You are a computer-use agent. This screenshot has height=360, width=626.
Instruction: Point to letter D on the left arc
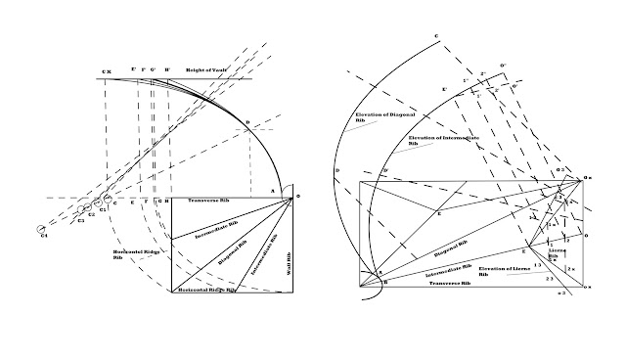click(248, 121)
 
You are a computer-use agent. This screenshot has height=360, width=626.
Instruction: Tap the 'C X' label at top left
click(107, 71)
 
